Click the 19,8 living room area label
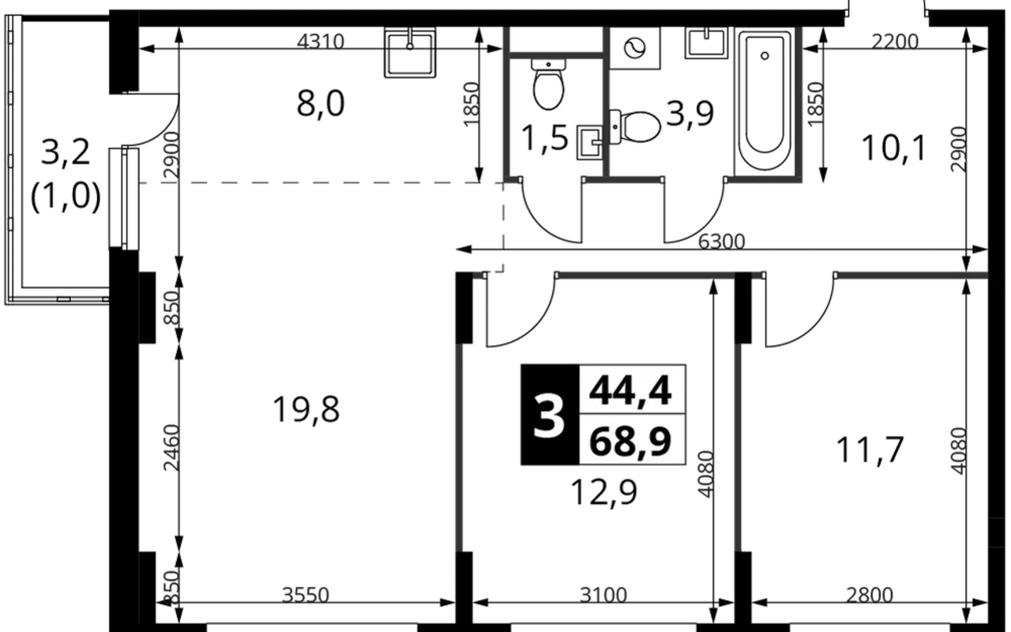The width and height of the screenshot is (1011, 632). click(306, 410)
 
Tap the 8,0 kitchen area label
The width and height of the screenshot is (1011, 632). click(321, 103)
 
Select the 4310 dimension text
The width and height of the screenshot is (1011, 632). click(321, 42)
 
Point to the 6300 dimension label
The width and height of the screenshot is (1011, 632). click(721, 242)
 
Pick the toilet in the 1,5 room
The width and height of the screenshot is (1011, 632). click(548, 85)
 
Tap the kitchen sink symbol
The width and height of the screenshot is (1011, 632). click(410, 52)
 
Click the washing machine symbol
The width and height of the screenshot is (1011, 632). click(634, 48)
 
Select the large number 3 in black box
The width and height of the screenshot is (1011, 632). click(549, 415)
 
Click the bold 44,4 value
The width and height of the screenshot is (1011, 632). click(630, 390)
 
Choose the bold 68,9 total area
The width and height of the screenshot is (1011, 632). click(630, 441)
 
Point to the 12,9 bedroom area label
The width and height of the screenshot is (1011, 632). click(604, 491)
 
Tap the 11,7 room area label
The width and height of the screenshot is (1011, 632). click(870, 450)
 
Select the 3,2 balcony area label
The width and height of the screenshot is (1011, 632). click(66, 152)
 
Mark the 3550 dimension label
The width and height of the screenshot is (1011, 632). click(306, 596)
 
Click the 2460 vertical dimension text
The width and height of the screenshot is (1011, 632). click(172, 447)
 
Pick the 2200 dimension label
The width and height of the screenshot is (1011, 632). click(895, 42)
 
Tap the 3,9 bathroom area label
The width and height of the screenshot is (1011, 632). click(690, 113)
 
